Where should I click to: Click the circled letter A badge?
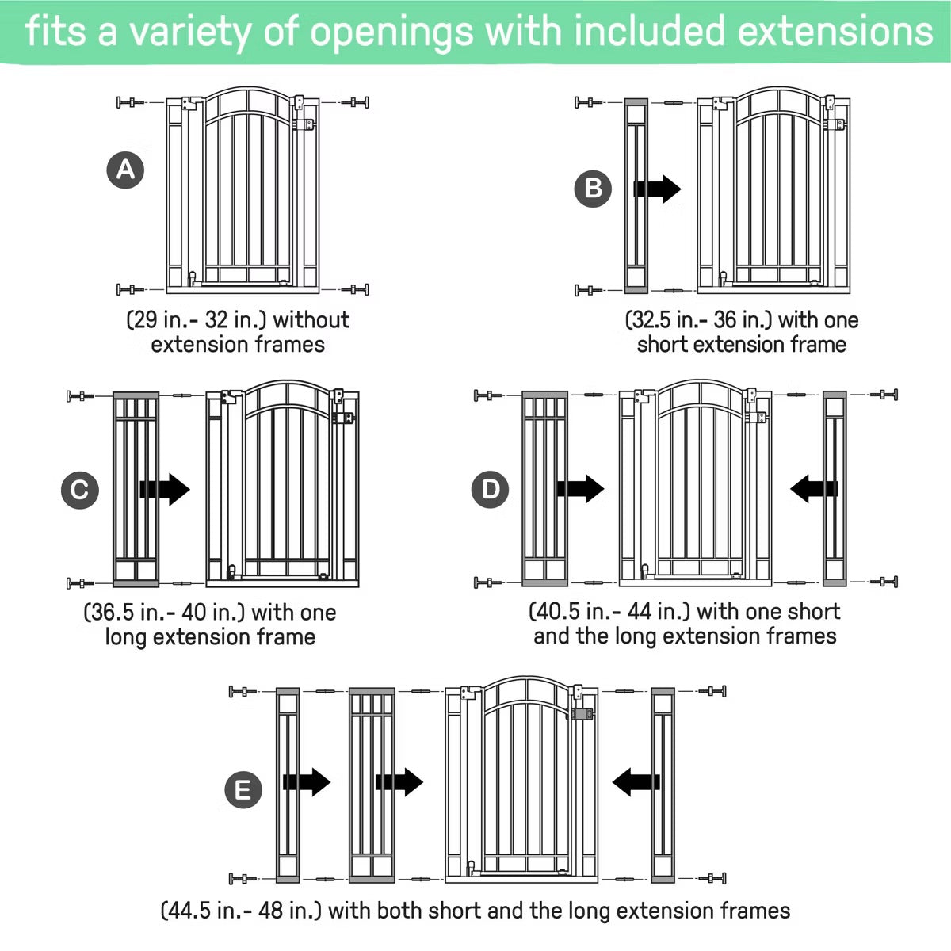tap(125, 170)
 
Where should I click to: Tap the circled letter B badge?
tap(593, 189)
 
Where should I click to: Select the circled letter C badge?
tap(80, 490)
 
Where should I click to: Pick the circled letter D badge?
tap(490, 489)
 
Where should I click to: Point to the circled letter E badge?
tap(243, 789)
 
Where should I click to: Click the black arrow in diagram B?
tap(657, 189)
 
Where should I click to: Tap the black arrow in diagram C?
tap(165, 490)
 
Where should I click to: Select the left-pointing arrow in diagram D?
tap(814, 489)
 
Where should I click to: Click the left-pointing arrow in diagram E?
tap(636, 781)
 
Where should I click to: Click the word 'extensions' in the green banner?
tap(835, 31)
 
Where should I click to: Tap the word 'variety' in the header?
tap(190, 32)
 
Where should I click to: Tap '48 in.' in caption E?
tap(287, 911)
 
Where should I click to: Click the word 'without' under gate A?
tap(311, 320)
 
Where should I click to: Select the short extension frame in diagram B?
tap(636, 196)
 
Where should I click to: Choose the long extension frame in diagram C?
tap(136, 490)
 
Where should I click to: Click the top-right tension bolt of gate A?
tap(355, 102)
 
